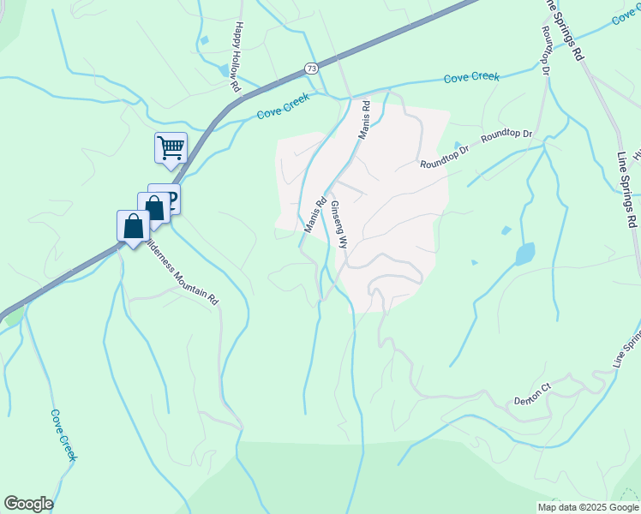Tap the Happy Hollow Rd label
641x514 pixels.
237,57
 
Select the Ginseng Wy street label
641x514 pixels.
339,224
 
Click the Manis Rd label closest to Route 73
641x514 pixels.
363,121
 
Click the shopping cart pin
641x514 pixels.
171,147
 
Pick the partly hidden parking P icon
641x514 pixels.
171,199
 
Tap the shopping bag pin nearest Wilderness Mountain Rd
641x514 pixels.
133,227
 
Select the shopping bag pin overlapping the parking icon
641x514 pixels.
153,208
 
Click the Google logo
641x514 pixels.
28,504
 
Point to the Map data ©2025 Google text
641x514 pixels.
587,507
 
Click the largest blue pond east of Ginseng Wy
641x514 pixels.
524,254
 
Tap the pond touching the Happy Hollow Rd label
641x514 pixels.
225,69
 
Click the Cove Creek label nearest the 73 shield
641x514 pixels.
284,112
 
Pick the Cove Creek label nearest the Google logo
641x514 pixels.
63,434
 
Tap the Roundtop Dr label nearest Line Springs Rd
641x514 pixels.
506,135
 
